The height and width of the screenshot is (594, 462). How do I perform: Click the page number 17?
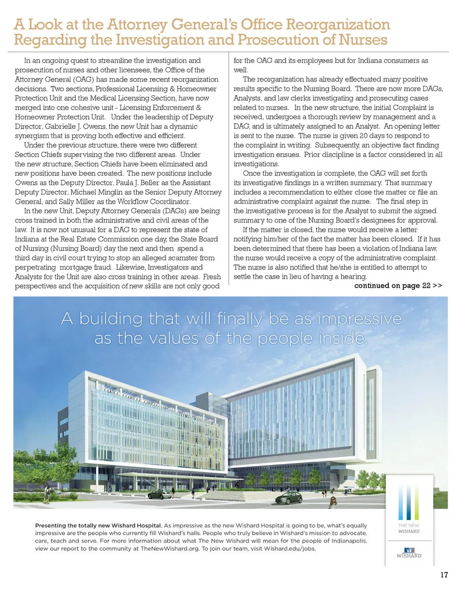click(444, 575)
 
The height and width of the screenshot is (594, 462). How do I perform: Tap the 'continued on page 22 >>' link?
click(398, 286)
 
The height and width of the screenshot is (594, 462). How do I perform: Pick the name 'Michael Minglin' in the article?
click(96, 192)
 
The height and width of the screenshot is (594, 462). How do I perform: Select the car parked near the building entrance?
click(159, 494)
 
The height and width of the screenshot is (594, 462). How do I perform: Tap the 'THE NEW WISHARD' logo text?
click(409, 528)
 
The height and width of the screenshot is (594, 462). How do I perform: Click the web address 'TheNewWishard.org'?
click(170, 548)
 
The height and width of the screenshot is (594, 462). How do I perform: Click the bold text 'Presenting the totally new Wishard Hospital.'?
click(98, 526)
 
